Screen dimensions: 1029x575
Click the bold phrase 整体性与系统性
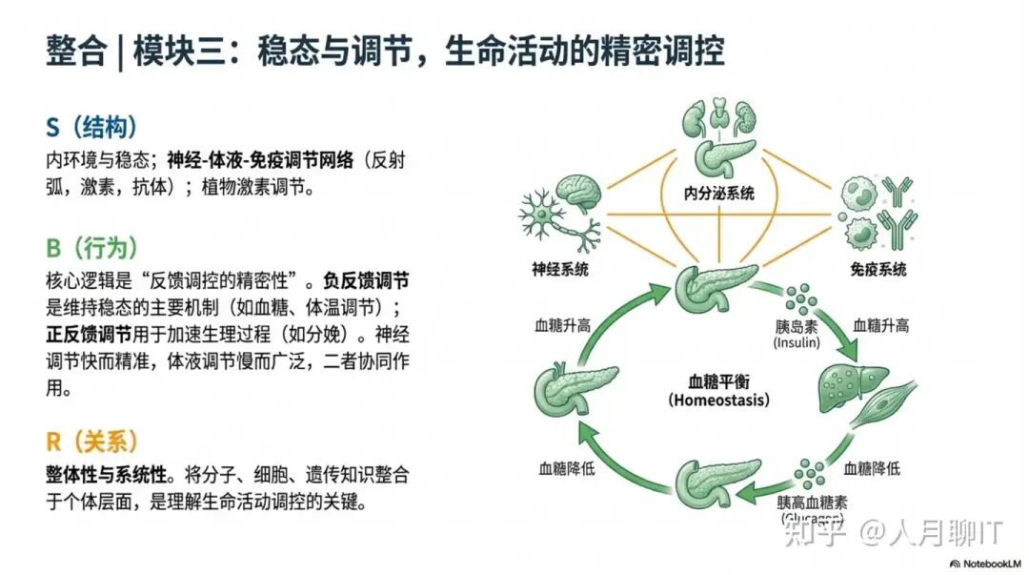[105, 475]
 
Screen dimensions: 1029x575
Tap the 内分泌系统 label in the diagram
[718, 193]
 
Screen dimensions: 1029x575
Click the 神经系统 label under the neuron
[560, 269]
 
